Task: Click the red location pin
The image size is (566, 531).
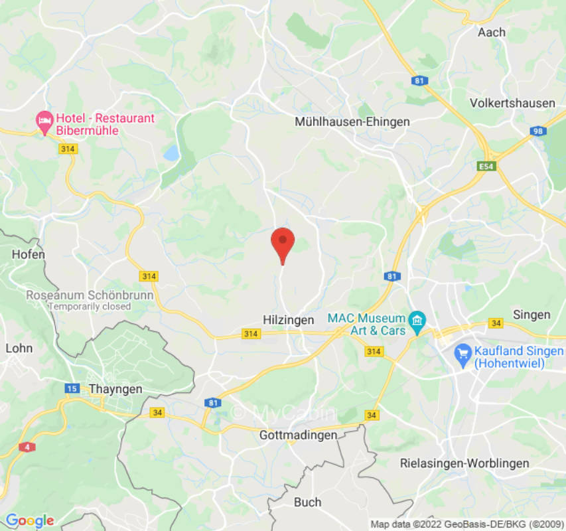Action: point(283,243)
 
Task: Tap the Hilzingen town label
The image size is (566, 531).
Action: point(287,320)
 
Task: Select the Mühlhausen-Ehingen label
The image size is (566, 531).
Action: point(352,121)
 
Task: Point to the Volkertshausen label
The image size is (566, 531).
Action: point(512,103)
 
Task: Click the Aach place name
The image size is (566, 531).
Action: point(492,32)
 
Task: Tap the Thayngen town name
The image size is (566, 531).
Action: point(115,390)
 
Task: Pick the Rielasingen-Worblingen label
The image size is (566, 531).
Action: point(464,463)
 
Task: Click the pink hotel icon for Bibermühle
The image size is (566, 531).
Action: point(44,120)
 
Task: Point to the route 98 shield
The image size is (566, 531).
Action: point(538,131)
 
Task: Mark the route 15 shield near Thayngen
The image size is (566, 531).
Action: point(72,388)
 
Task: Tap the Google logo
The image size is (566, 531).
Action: point(29,520)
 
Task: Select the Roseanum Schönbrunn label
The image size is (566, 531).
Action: point(90,295)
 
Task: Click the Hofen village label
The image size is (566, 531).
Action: point(29,254)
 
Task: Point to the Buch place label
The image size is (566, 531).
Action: point(307,502)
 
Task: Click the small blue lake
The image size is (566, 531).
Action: point(172,153)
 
